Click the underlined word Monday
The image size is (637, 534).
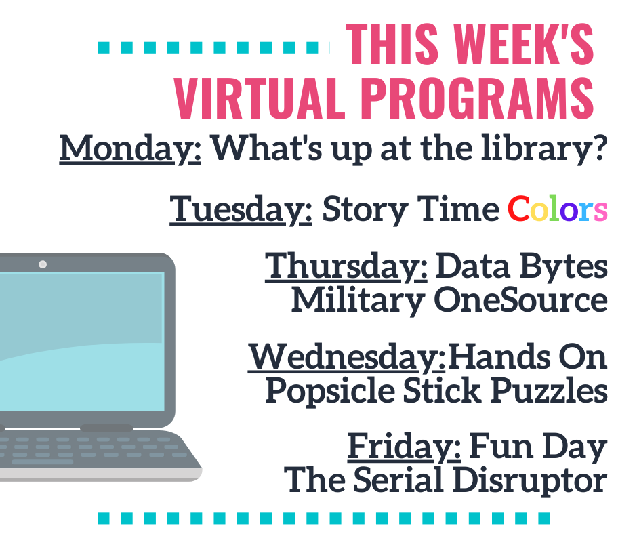tap(130, 148)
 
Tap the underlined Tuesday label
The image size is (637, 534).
tap(241, 209)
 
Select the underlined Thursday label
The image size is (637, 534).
tap(346, 266)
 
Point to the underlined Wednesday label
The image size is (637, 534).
tap(346, 357)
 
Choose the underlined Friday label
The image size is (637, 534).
tap(404, 447)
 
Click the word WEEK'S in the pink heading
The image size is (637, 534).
tap(524, 44)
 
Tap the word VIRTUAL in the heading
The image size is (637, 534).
tap(257, 98)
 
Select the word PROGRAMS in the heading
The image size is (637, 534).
tap(477, 98)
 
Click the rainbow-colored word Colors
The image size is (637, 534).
tap(557, 209)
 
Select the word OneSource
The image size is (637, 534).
tap(521, 300)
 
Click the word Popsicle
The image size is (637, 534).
tap(330, 391)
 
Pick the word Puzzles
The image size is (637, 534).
tap(550, 390)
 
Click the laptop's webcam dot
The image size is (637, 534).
tap(43, 264)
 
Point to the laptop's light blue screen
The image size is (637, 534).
tap(81, 342)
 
